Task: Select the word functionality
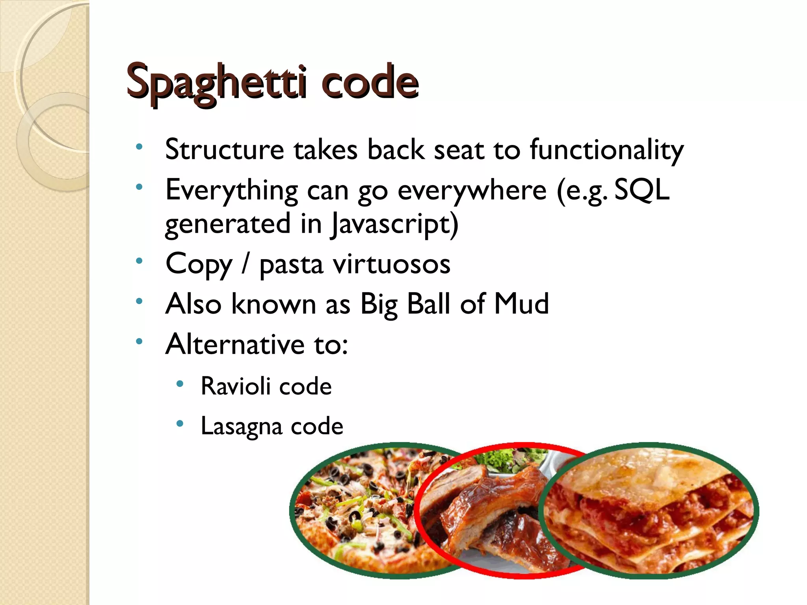coord(606,150)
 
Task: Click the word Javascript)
coord(394,224)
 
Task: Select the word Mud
coord(521,304)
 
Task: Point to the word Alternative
coord(235,344)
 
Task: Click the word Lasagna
coord(241,426)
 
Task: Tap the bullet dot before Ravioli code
coord(180,384)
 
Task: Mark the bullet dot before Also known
coord(139,301)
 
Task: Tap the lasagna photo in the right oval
coord(650,512)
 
